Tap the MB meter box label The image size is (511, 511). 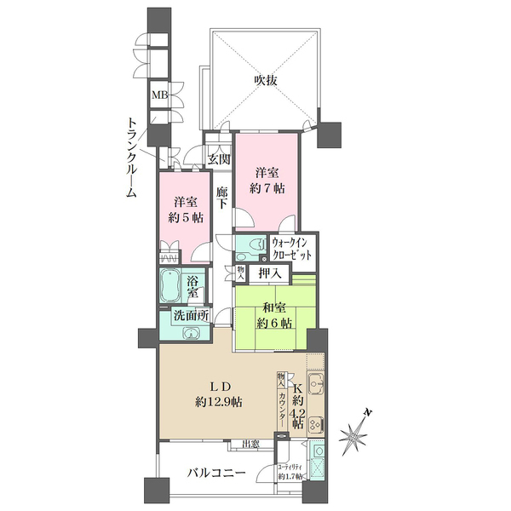click(x=158, y=95)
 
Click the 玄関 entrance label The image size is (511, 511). click(x=219, y=159)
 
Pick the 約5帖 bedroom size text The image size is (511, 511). click(x=184, y=217)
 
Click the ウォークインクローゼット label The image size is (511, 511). click(x=290, y=249)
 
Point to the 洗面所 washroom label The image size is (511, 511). click(x=191, y=315)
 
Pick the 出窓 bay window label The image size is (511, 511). click(x=250, y=444)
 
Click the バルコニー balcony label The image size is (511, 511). click(x=217, y=474)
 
